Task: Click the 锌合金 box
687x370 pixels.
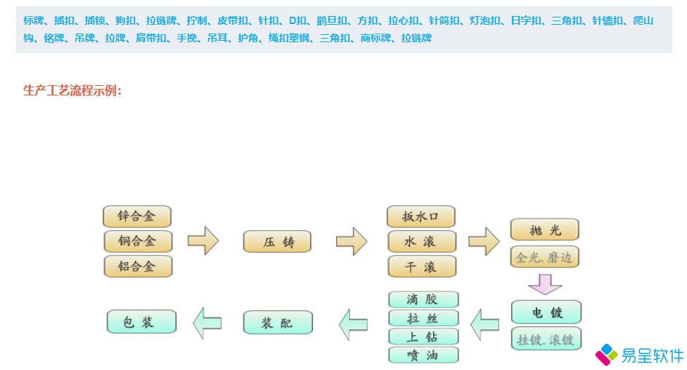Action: [x=137, y=216]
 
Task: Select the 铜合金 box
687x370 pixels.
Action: [x=137, y=241]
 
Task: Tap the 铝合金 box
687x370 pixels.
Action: [x=137, y=266]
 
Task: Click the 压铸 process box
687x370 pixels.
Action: [x=277, y=242]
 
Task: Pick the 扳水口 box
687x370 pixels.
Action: [x=421, y=216]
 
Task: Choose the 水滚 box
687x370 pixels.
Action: [x=421, y=241]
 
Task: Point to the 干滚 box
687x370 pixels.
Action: [x=421, y=266]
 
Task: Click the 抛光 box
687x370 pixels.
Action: [x=545, y=229]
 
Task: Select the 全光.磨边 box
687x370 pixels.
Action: [x=545, y=256]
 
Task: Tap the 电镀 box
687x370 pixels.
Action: [x=546, y=312]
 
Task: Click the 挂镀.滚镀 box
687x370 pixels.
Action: [x=546, y=339]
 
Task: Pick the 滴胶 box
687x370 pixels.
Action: [x=423, y=299]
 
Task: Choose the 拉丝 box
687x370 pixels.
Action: [x=423, y=318]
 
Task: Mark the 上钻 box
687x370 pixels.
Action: [x=423, y=336]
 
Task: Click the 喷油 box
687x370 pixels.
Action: [x=423, y=355]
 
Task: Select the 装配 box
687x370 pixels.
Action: [x=277, y=322]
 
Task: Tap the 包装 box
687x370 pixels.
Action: [x=141, y=321]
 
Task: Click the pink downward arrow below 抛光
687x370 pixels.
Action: [x=545, y=283]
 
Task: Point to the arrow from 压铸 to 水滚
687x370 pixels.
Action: [x=351, y=241]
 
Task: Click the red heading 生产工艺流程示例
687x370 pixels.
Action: [x=72, y=90]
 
